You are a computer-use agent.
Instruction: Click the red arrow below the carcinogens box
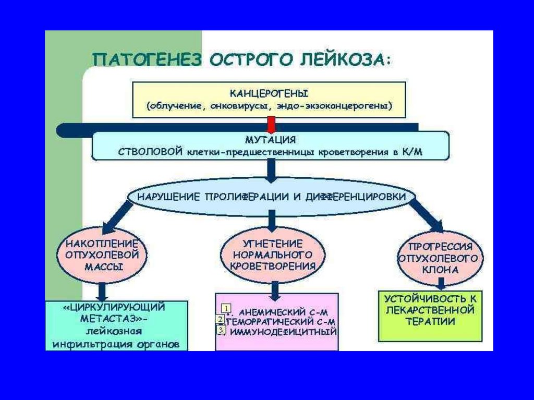coord(270,125)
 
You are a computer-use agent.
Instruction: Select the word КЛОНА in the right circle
coord(441,270)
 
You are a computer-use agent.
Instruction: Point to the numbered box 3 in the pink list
coord(221,330)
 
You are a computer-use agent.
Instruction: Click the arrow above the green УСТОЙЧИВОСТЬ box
coord(441,283)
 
